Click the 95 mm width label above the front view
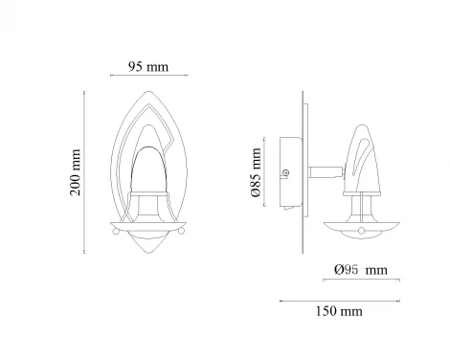pyautogui.click(x=148, y=67)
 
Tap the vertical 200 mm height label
pyautogui.click(x=76, y=172)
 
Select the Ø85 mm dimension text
pyautogui.click(x=257, y=172)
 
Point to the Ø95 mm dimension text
pyautogui.click(x=361, y=270)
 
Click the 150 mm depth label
pyautogui.click(x=339, y=311)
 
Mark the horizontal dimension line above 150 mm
pyautogui.click(x=340, y=301)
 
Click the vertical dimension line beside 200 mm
pyautogui.click(x=84, y=172)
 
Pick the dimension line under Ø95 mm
pyautogui.click(x=361, y=281)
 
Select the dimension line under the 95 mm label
pyautogui.click(x=148, y=76)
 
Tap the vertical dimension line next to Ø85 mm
pyautogui.click(x=264, y=171)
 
